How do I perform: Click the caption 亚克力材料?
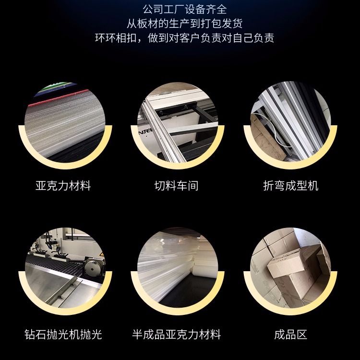click(x=63, y=185)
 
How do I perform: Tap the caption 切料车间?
click(x=176, y=185)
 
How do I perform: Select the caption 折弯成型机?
click(x=291, y=185)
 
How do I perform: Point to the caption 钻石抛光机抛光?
click(x=63, y=334)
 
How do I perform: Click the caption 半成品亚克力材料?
click(x=176, y=334)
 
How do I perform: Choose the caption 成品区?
click(x=291, y=334)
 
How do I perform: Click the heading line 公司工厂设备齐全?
click(x=185, y=10)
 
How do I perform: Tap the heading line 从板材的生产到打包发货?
click(x=185, y=24)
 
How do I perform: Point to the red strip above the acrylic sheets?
click(x=58, y=98)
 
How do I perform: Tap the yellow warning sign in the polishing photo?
click(x=101, y=254)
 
